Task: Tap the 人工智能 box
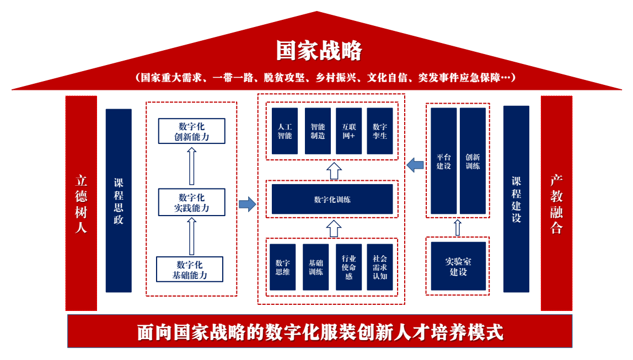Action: tap(285, 131)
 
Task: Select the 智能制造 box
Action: tap(318, 131)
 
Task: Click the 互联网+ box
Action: tap(348, 131)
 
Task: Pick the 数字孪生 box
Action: tap(380, 131)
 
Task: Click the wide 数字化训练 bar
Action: tap(332, 199)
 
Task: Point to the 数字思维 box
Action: tap(282, 267)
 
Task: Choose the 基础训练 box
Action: tap(315, 267)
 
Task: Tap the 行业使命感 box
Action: tap(348, 267)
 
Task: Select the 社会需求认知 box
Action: tap(380, 267)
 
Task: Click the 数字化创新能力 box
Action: tap(191, 132)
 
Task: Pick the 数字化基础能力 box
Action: tap(190, 270)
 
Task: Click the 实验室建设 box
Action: tap(458, 266)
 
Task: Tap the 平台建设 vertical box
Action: tap(443, 160)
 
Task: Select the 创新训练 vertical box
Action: tap(473, 160)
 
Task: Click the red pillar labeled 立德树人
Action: tap(81, 203)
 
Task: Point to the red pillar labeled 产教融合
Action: tap(556, 203)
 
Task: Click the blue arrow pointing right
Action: tap(247, 205)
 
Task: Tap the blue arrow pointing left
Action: tap(415, 164)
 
